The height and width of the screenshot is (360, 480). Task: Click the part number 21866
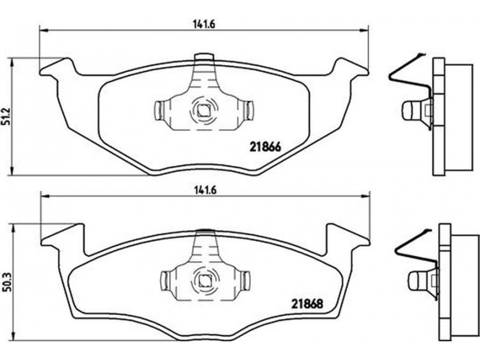point(265,147)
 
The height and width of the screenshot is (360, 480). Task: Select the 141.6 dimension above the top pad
point(204,24)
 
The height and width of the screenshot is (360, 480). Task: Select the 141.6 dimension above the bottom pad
point(205,190)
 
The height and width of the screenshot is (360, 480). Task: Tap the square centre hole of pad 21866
point(202,110)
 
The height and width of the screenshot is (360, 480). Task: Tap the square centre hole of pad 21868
point(203,280)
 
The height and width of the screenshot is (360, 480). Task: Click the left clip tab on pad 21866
point(158,110)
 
